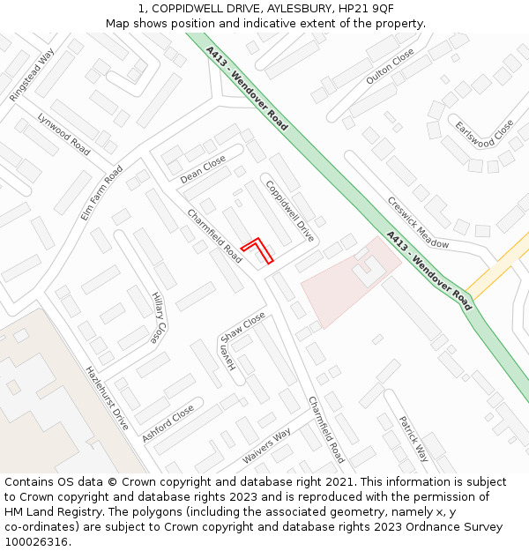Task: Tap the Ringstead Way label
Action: (x=31, y=75)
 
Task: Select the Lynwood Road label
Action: (x=63, y=134)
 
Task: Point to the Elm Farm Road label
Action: (x=101, y=192)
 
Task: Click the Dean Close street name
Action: (x=203, y=170)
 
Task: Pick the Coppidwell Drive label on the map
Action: (x=289, y=212)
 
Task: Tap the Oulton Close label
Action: (x=390, y=66)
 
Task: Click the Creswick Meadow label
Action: (x=418, y=221)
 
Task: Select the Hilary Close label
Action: (x=157, y=317)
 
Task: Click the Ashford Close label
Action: (x=168, y=423)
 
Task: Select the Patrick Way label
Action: (x=413, y=438)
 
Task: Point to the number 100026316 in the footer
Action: (x=36, y=542)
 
